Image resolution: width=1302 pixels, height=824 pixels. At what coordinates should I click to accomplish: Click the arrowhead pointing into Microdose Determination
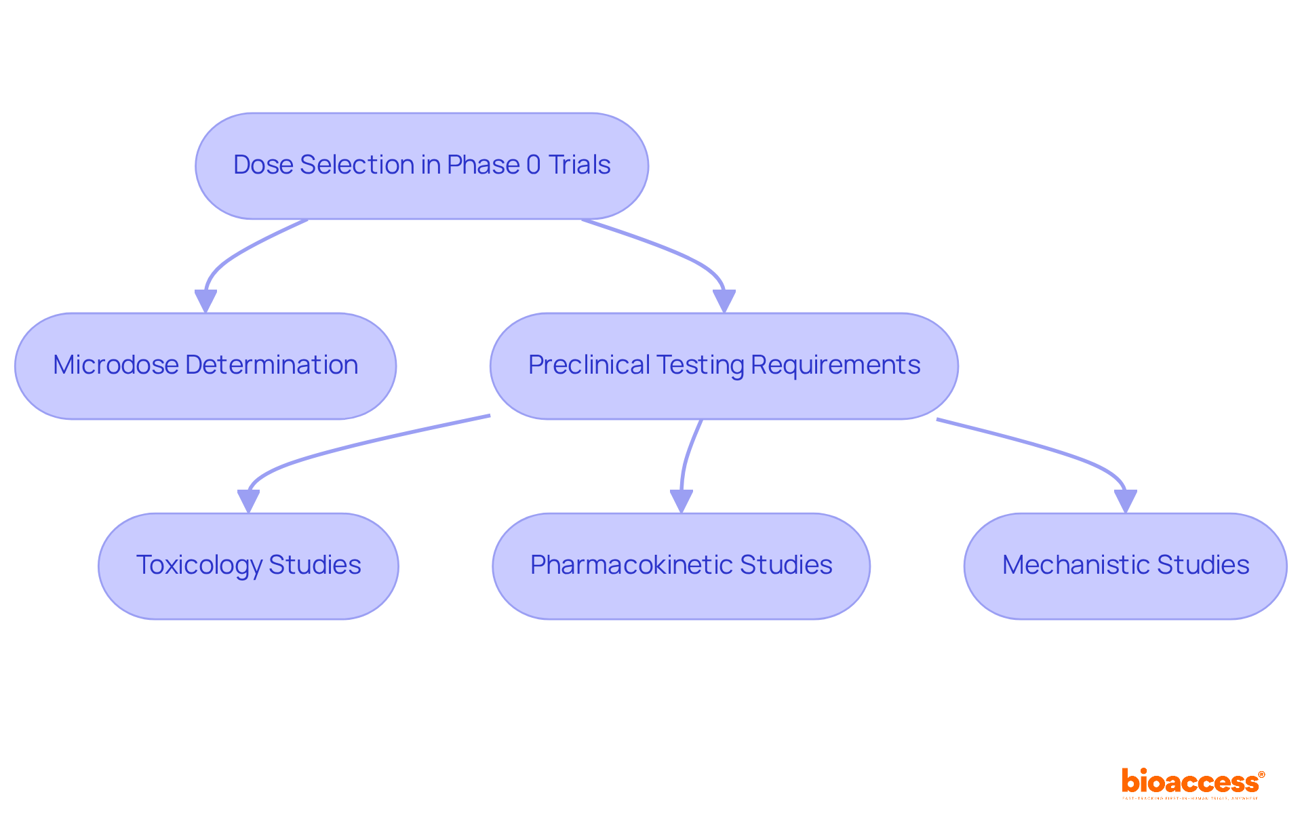click(x=205, y=300)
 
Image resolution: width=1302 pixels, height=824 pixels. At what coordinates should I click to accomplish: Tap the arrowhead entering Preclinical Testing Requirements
click(x=724, y=300)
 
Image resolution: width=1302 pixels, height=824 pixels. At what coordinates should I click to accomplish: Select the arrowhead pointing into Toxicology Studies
click(x=248, y=501)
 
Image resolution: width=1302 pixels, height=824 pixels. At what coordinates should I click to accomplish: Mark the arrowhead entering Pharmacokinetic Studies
click(x=681, y=501)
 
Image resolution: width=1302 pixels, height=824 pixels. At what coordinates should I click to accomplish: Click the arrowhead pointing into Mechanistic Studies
click(x=1125, y=501)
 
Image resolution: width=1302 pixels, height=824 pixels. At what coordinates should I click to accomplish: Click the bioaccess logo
click(x=1192, y=781)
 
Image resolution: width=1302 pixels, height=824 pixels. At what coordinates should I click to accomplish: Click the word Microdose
click(x=115, y=365)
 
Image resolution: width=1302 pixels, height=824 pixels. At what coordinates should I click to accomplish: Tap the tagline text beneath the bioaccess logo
click(x=1190, y=798)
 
